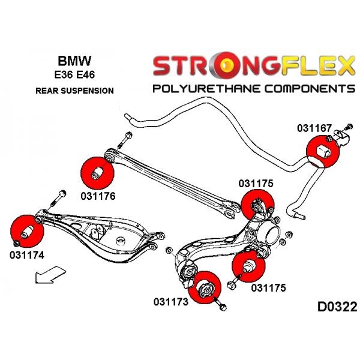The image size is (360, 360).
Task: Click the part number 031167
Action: click(x=314, y=128)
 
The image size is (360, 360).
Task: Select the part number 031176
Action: click(x=98, y=196)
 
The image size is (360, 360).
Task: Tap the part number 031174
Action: click(x=26, y=255)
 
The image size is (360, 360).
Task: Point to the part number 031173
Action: click(x=171, y=302)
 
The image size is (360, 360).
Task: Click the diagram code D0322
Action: click(x=337, y=307)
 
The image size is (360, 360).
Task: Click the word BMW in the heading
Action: click(x=74, y=61)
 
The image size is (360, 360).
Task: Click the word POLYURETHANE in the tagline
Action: click(x=206, y=89)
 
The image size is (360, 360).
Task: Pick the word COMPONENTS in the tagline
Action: click(x=310, y=89)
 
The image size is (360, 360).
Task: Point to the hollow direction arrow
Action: click(x=50, y=275)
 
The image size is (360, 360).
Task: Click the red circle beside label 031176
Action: click(x=97, y=173)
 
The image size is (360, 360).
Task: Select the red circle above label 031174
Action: click(x=27, y=232)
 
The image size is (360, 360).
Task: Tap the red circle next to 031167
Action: click(x=323, y=152)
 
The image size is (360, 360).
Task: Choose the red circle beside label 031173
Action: click(x=205, y=287)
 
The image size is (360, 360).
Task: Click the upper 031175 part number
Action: click(x=256, y=184)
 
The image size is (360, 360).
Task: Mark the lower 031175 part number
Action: click(x=268, y=287)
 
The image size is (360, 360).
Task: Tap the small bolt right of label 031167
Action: click(x=349, y=126)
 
